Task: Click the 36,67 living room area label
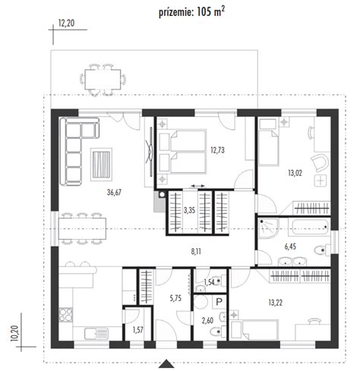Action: (x=114, y=193)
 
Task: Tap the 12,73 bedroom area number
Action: (x=217, y=150)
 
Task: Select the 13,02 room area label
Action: (x=295, y=173)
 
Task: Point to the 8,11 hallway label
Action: (x=196, y=251)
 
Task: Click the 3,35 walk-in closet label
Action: (x=189, y=210)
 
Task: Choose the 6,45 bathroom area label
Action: (x=290, y=247)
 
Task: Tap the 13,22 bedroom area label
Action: (x=276, y=303)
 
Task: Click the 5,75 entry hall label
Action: (x=175, y=298)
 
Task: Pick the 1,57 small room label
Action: (x=137, y=330)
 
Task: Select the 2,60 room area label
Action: (x=207, y=321)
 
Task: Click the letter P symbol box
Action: (x=219, y=302)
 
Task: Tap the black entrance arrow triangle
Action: (x=166, y=363)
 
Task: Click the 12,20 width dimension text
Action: (x=66, y=24)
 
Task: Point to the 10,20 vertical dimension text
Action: (x=15, y=333)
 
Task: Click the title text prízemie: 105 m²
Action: (x=191, y=11)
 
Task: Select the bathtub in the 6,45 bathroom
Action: (x=311, y=227)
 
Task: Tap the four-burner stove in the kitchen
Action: (x=66, y=315)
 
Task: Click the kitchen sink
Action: (x=96, y=334)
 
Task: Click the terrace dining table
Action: (x=103, y=79)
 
